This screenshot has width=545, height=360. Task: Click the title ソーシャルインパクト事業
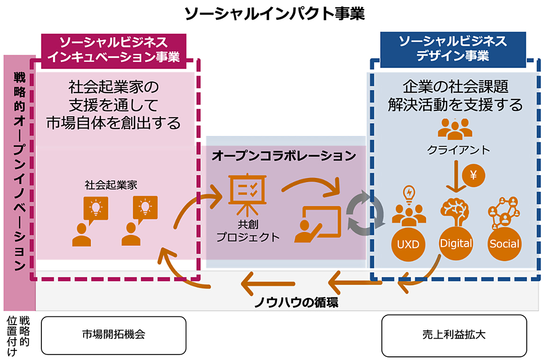pyautogui.click(x=275, y=14)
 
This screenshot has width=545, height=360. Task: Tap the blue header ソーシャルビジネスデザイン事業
pyautogui.click(x=452, y=49)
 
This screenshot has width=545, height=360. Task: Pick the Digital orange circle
pyautogui.click(x=456, y=244)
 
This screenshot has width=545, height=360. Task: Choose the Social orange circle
pyautogui.click(x=504, y=244)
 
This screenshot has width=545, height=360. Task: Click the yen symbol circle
pyautogui.click(x=473, y=174)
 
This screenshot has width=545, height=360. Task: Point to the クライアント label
pyautogui.click(x=458, y=150)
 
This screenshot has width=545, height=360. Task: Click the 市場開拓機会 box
pyautogui.click(x=114, y=335)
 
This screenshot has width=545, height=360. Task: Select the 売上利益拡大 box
pyautogui.click(x=454, y=335)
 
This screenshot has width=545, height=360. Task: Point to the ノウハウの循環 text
pyautogui.click(x=296, y=301)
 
